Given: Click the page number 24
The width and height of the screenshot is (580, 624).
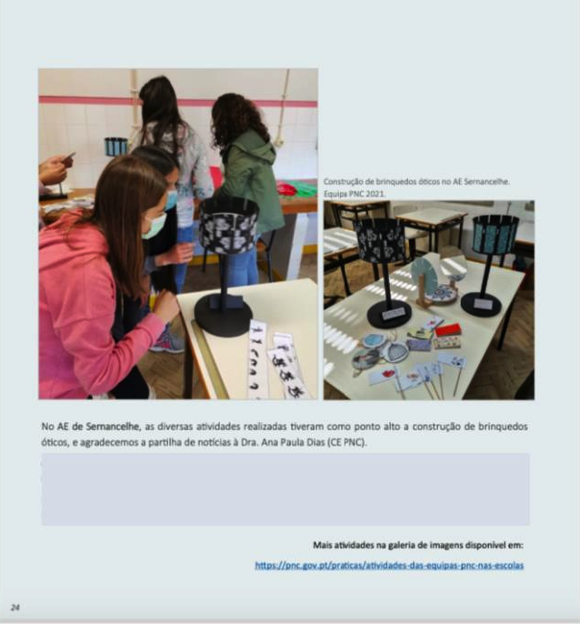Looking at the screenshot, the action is click(15, 608).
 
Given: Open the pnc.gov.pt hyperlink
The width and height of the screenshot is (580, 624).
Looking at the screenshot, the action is click(389, 565).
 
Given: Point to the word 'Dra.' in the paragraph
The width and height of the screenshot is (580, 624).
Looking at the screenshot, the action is click(249, 442).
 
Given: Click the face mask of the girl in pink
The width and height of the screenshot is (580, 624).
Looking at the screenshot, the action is click(155, 226).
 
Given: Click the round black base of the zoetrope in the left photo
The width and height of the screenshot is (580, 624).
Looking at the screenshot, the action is click(224, 315).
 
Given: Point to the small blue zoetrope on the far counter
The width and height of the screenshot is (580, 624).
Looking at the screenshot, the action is click(116, 146).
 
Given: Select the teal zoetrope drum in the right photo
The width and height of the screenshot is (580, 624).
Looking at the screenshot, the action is click(495, 234).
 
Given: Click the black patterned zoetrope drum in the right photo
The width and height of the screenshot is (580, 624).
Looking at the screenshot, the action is click(379, 240).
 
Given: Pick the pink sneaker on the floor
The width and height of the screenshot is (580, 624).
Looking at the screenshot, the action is click(168, 342).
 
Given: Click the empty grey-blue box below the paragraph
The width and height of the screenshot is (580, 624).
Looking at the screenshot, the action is click(285, 489).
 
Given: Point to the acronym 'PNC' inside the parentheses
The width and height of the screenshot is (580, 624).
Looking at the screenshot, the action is click(353, 442).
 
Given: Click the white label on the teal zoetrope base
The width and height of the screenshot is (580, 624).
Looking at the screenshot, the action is click(484, 304).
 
